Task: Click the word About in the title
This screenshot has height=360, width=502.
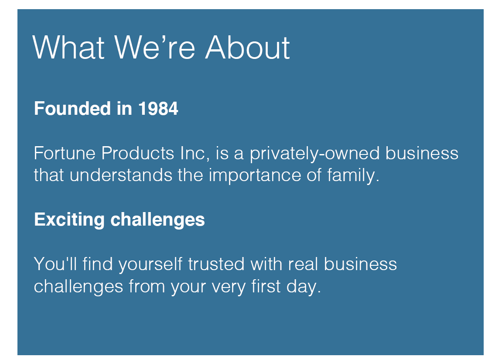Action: click(247, 47)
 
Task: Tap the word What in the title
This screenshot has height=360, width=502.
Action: click(68, 47)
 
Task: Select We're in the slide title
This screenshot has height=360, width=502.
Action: click(155, 47)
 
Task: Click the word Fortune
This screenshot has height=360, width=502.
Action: click(65, 153)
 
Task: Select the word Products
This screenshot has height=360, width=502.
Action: click(138, 153)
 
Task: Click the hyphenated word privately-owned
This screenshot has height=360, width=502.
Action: click(315, 154)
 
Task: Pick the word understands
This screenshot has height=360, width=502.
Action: click(121, 175)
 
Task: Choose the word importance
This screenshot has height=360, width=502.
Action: click(255, 176)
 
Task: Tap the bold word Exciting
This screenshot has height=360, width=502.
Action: click(69, 220)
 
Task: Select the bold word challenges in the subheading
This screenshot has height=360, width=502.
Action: click(157, 220)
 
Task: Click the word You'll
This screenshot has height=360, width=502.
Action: click(55, 264)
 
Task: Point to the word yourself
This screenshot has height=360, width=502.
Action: click(150, 264)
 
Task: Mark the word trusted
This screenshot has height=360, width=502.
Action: click(216, 264)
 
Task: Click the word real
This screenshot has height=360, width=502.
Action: click(303, 264)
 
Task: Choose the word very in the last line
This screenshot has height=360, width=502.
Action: click(228, 287)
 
